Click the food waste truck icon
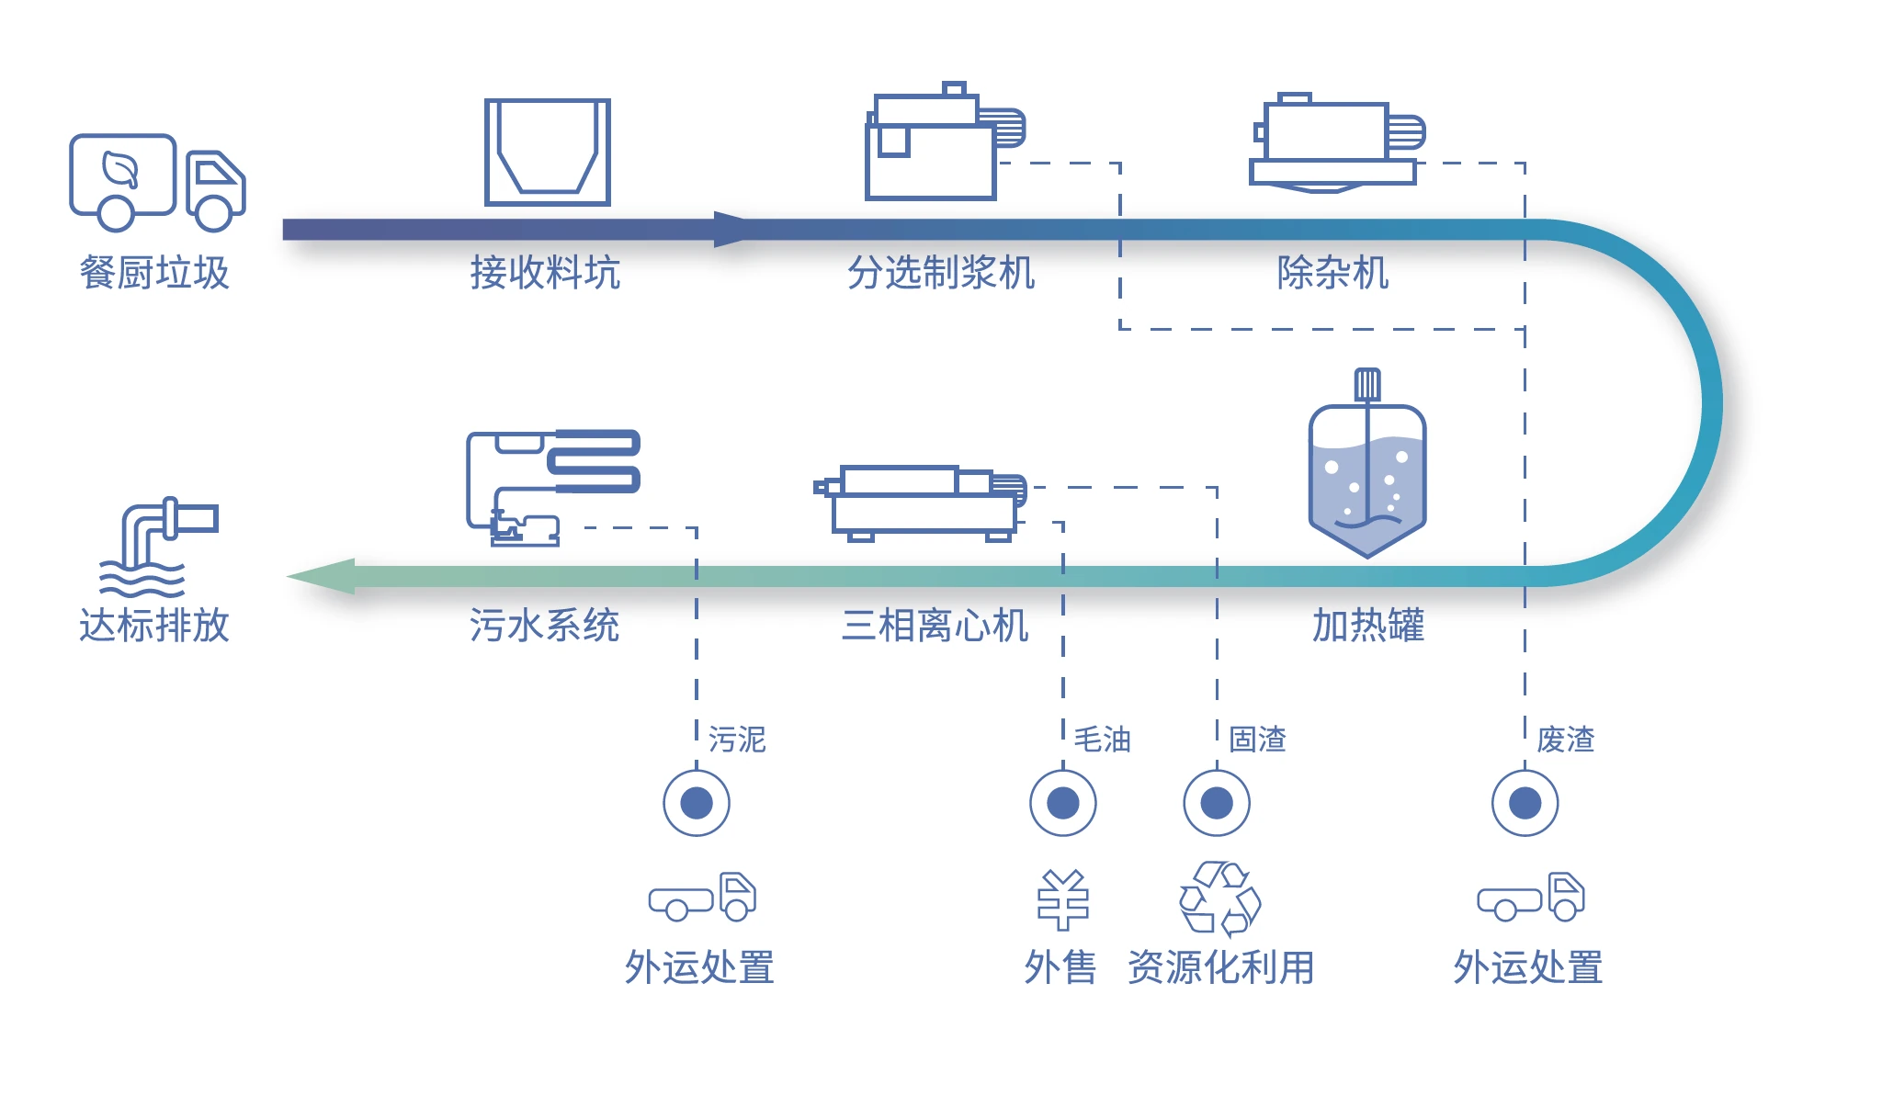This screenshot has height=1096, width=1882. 157,182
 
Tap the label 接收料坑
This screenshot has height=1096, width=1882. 545,273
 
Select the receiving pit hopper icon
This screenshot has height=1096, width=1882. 548,152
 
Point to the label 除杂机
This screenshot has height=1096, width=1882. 1332,273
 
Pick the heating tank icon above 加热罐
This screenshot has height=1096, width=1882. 1367,469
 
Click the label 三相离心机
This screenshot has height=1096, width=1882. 935,626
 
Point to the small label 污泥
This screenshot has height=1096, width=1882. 737,740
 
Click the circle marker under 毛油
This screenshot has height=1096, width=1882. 1063,803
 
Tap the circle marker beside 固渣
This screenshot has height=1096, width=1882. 1217,803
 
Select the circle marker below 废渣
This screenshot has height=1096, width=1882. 1525,803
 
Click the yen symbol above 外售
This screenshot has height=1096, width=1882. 1063,900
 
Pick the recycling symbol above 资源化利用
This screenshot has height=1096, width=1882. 1220,898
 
